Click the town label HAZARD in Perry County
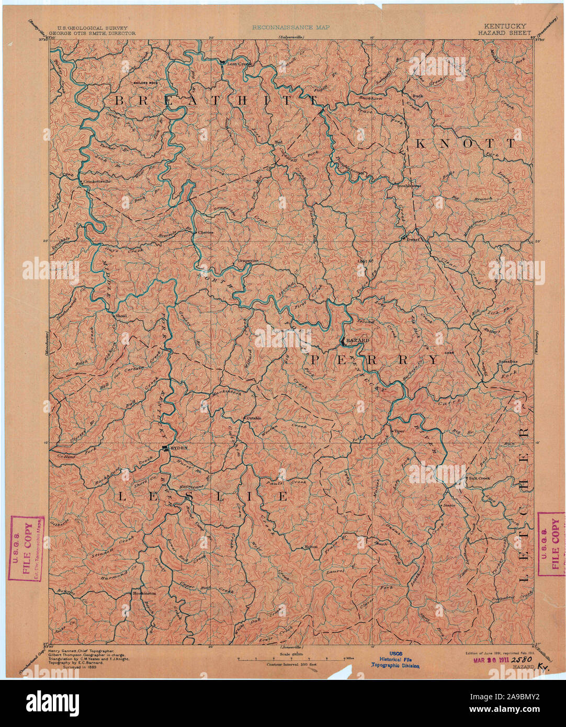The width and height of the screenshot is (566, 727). coord(358,340)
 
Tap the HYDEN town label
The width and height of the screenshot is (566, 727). coord(178,448)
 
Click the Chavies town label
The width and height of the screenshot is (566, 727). coord(205,232)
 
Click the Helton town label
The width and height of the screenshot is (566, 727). coord(311,547)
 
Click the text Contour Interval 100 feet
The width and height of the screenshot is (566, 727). coord(291,664)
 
